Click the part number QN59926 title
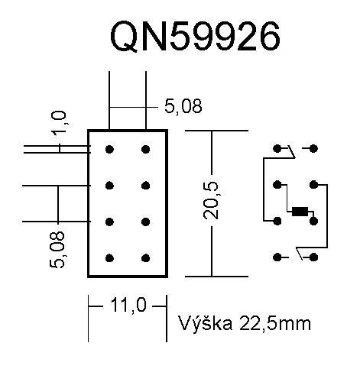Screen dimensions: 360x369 point(195,36)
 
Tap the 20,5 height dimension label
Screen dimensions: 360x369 point(211,200)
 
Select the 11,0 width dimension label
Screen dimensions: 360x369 point(129,306)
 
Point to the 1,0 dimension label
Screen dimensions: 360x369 point(59,121)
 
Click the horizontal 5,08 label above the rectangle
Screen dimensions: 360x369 point(183,107)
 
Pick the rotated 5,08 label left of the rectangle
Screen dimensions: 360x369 point(57,250)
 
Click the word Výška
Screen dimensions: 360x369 point(206,322)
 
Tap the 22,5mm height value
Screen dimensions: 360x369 point(275,324)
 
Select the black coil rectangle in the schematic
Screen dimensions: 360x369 point(300,212)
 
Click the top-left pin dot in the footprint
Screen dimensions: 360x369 point(109,149)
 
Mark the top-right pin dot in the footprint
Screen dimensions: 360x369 point(145,149)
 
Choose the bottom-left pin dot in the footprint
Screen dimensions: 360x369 point(109,258)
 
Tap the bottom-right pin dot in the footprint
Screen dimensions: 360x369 point(145,258)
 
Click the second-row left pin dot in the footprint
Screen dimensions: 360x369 point(109,186)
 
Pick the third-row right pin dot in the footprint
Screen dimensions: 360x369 point(145,222)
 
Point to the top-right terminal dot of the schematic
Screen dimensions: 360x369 point(313,148)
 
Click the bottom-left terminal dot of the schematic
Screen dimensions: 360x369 point(277,257)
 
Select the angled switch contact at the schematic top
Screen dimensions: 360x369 point(292,152)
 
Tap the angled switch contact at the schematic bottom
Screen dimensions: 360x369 point(299,254)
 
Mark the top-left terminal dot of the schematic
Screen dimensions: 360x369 point(277,148)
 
